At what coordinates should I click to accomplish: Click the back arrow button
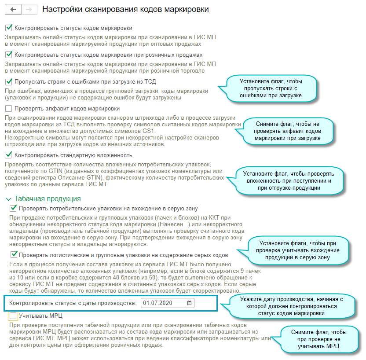[x=13, y=9]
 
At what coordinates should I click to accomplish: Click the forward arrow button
[x=29, y=9]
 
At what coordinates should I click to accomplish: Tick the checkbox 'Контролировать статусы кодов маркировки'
[x=9, y=28]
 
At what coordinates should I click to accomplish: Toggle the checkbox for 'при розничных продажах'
[x=9, y=55]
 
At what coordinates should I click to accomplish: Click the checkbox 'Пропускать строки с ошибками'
[x=9, y=81]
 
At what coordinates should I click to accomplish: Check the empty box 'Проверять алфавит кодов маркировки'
[x=9, y=108]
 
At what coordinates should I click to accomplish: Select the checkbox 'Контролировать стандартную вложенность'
[x=9, y=155]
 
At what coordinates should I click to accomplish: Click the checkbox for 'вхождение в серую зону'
[x=14, y=208]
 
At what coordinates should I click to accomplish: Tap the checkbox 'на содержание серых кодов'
[x=14, y=255]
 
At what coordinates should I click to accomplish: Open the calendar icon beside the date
[x=189, y=303]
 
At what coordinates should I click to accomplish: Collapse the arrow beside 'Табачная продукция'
[x=8, y=198]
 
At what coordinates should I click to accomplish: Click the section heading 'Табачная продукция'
[x=47, y=198]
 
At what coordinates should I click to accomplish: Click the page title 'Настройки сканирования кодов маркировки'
[x=125, y=9]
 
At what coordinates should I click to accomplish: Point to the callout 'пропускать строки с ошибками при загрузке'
[x=271, y=88]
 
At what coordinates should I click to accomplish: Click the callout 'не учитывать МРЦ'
[x=318, y=339]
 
